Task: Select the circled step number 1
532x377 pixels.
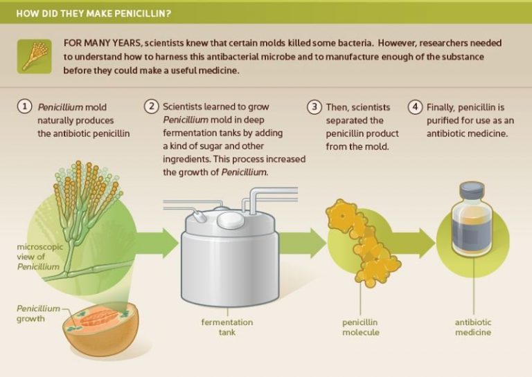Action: click(x=25, y=107)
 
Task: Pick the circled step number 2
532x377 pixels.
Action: click(x=152, y=107)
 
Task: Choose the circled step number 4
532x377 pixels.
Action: click(x=415, y=107)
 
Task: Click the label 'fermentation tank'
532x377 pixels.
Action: click(x=227, y=327)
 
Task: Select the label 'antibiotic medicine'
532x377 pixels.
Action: click(x=473, y=327)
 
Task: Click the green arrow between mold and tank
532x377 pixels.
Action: click(x=160, y=243)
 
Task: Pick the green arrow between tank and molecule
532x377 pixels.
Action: click(x=310, y=243)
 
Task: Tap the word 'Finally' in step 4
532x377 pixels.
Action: click(x=443, y=107)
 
